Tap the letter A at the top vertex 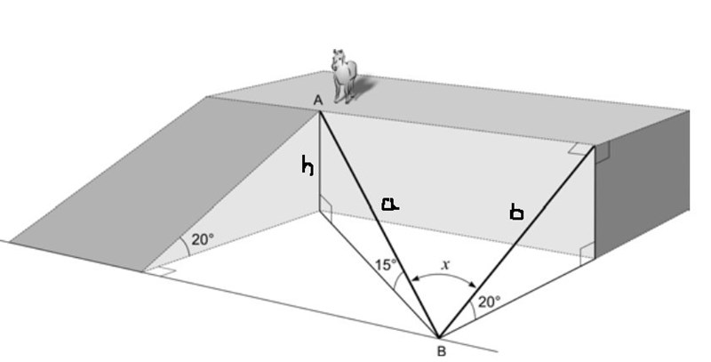pos(317,101)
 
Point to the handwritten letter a pos(389,205)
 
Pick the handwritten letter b pos(516,212)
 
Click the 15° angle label pos(385,265)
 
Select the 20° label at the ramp pos(204,239)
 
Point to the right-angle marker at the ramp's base pos(161,269)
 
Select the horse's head pos(338,60)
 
